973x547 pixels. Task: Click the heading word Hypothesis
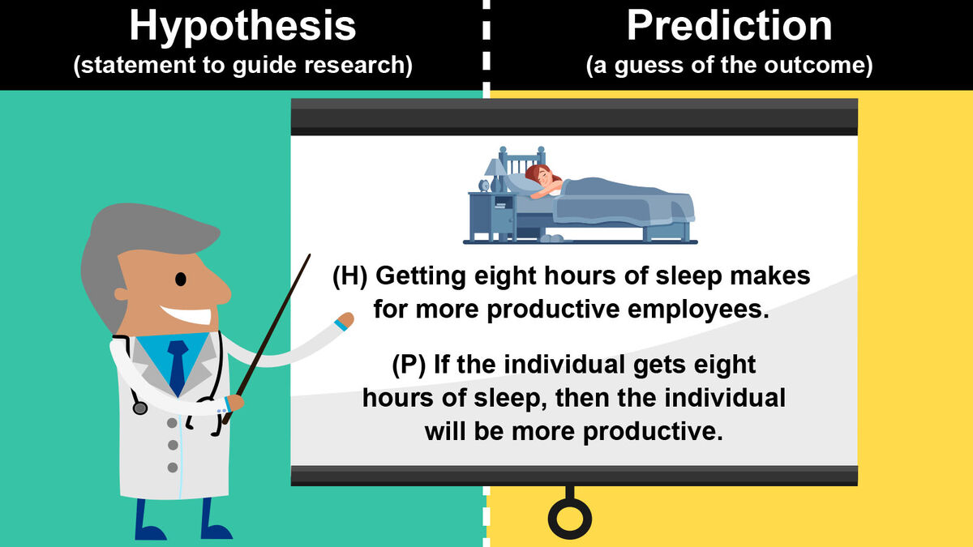click(242, 26)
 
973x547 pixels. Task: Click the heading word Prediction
click(729, 26)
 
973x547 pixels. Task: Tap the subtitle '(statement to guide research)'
click(242, 66)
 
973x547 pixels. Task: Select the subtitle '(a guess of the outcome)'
click(729, 66)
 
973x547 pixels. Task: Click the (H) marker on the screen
click(350, 276)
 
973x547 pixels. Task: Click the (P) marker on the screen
click(409, 365)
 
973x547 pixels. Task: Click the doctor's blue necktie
click(177, 365)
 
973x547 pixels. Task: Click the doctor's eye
click(181, 278)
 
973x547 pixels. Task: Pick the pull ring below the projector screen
click(570, 516)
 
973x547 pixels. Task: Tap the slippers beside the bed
click(551, 239)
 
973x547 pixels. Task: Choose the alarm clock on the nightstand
click(484, 186)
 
